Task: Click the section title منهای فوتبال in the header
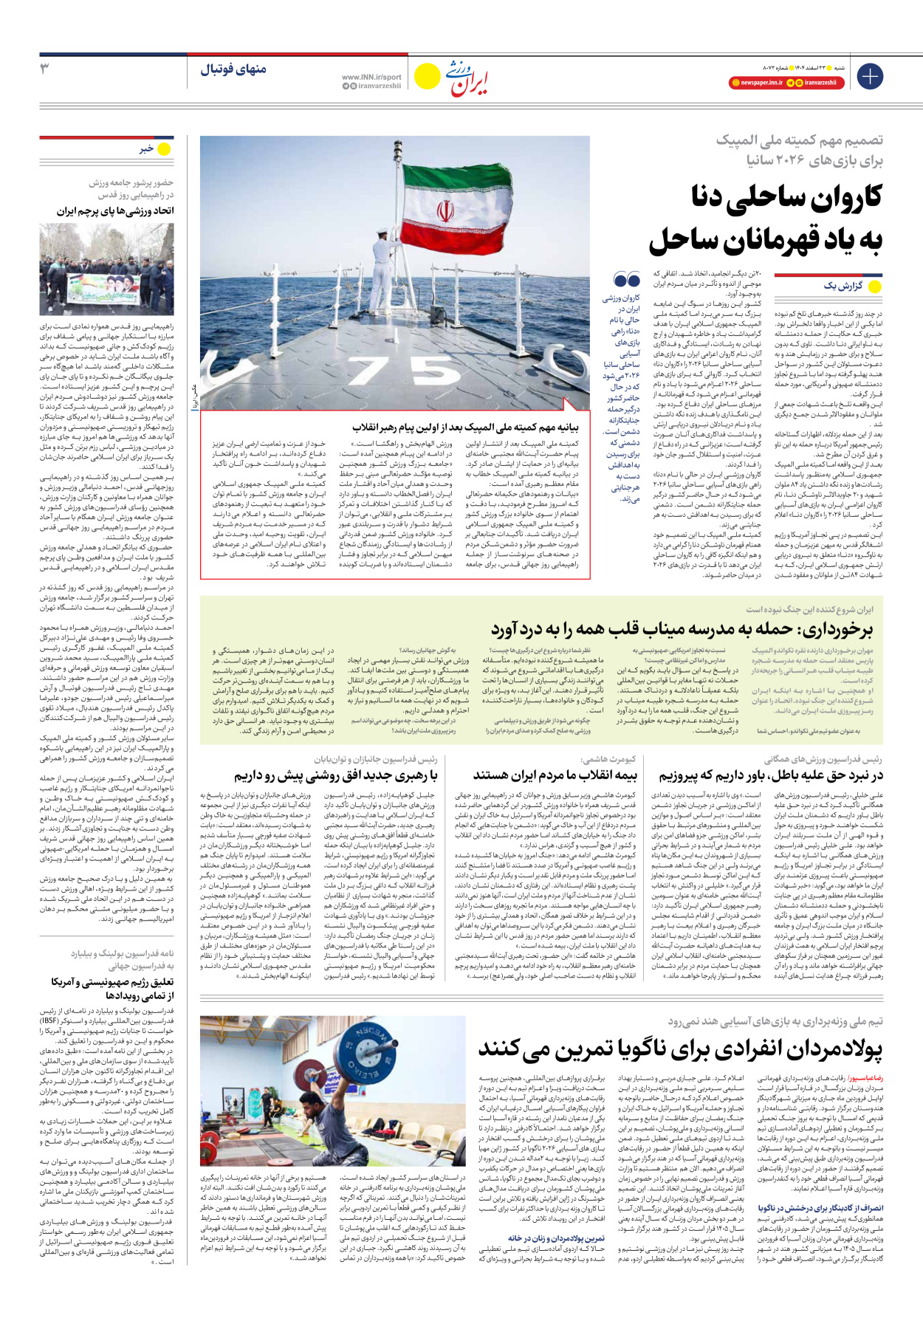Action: click(x=233, y=69)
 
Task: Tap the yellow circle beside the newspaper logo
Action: click(x=426, y=76)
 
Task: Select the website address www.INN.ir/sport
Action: click(x=371, y=77)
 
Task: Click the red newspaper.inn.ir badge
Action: click(x=756, y=83)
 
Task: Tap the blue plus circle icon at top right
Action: click(x=869, y=76)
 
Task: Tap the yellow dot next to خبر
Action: click(x=164, y=149)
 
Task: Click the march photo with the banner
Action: click(x=106, y=270)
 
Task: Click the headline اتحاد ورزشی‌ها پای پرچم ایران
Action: click(x=115, y=211)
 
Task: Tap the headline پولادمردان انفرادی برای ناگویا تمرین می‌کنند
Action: click(x=680, y=1048)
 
